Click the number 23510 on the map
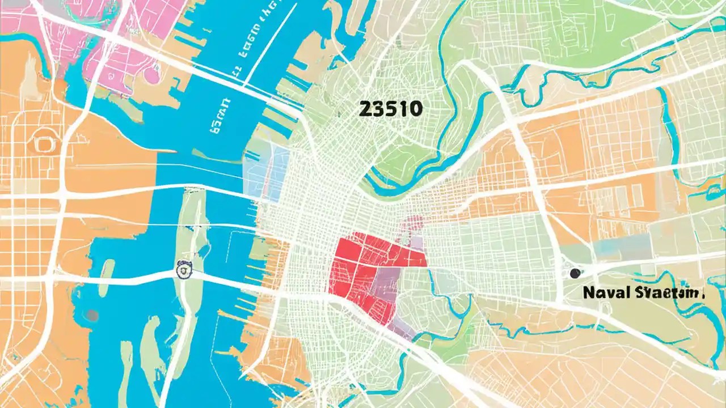(x=390, y=109)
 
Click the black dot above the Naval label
(x=575, y=273)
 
